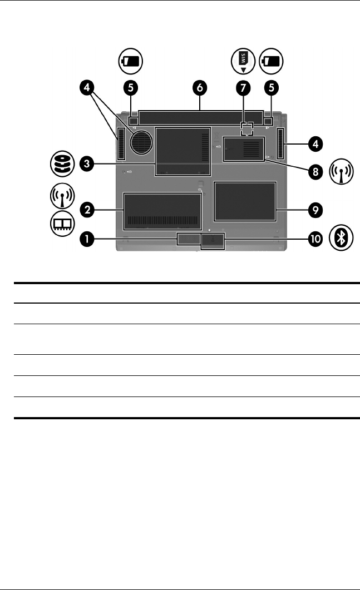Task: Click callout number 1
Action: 86,240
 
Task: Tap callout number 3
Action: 86,164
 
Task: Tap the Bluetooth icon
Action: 341,237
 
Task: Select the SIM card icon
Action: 244,60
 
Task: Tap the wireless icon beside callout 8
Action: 341,172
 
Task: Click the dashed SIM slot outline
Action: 247,130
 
